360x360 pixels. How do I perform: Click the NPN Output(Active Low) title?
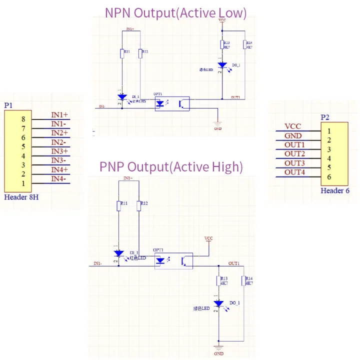tap(175, 12)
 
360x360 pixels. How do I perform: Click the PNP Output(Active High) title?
tap(171, 166)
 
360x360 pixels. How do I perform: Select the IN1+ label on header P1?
tap(59, 114)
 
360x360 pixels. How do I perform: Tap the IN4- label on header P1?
tap(58, 178)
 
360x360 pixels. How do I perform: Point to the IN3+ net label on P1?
tap(59, 151)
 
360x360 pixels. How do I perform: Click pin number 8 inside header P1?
tap(22, 119)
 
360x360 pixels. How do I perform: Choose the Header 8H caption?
tap(21, 197)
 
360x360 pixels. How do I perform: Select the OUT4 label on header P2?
tap(294, 172)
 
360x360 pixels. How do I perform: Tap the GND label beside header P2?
tap(293, 135)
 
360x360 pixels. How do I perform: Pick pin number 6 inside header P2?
tap(328, 177)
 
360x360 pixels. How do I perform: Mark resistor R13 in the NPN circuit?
tap(221, 45)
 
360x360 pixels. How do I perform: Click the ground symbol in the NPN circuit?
tap(217, 124)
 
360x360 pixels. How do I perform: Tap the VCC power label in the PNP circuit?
tap(208, 239)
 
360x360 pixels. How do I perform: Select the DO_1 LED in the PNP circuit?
tap(218, 303)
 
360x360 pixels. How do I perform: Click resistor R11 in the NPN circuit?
tap(122, 53)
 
